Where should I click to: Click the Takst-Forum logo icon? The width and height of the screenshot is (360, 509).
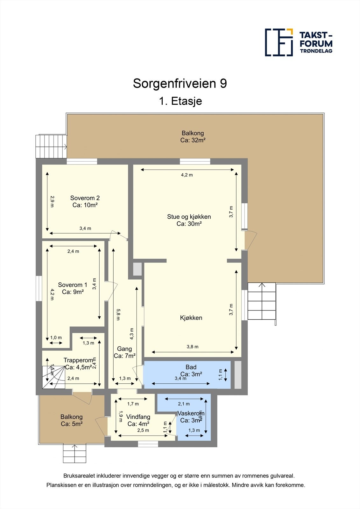pyautogui.click(x=279, y=42)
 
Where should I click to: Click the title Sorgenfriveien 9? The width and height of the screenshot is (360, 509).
pyautogui.click(x=180, y=84)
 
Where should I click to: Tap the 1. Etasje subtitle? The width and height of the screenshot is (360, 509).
pyautogui.click(x=180, y=101)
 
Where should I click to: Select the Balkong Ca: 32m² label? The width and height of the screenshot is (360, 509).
pyautogui.click(x=193, y=137)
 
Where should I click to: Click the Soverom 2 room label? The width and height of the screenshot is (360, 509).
pyautogui.click(x=85, y=201)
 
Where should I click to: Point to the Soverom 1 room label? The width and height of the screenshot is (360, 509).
pyautogui.click(x=73, y=288)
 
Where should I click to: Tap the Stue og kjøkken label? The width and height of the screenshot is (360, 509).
pyautogui.click(x=189, y=220)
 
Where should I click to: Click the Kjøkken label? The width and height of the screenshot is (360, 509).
pyautogui.click(x=191, y=318)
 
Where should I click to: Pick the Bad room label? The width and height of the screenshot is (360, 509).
pyautogui.click(x=191, y=371)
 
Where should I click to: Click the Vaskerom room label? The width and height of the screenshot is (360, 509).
pyautogui.click(x=191, y=417)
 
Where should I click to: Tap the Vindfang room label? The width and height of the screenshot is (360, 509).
pyautogui.click(x=138, y=420)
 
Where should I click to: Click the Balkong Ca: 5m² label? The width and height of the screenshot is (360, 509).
pyautogui.click(x=72, y=420)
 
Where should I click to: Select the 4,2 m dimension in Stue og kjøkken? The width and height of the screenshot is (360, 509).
pyautogui.click(x=187, y=175)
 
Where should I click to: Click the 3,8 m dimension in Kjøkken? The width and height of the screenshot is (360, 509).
pyautogui.click(x=192, y=347)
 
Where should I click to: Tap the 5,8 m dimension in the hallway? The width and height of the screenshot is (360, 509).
pyautogui.click(x=118, y=314)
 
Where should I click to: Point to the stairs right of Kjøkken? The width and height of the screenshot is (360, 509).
pyautogui.click(x=262, y=301)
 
